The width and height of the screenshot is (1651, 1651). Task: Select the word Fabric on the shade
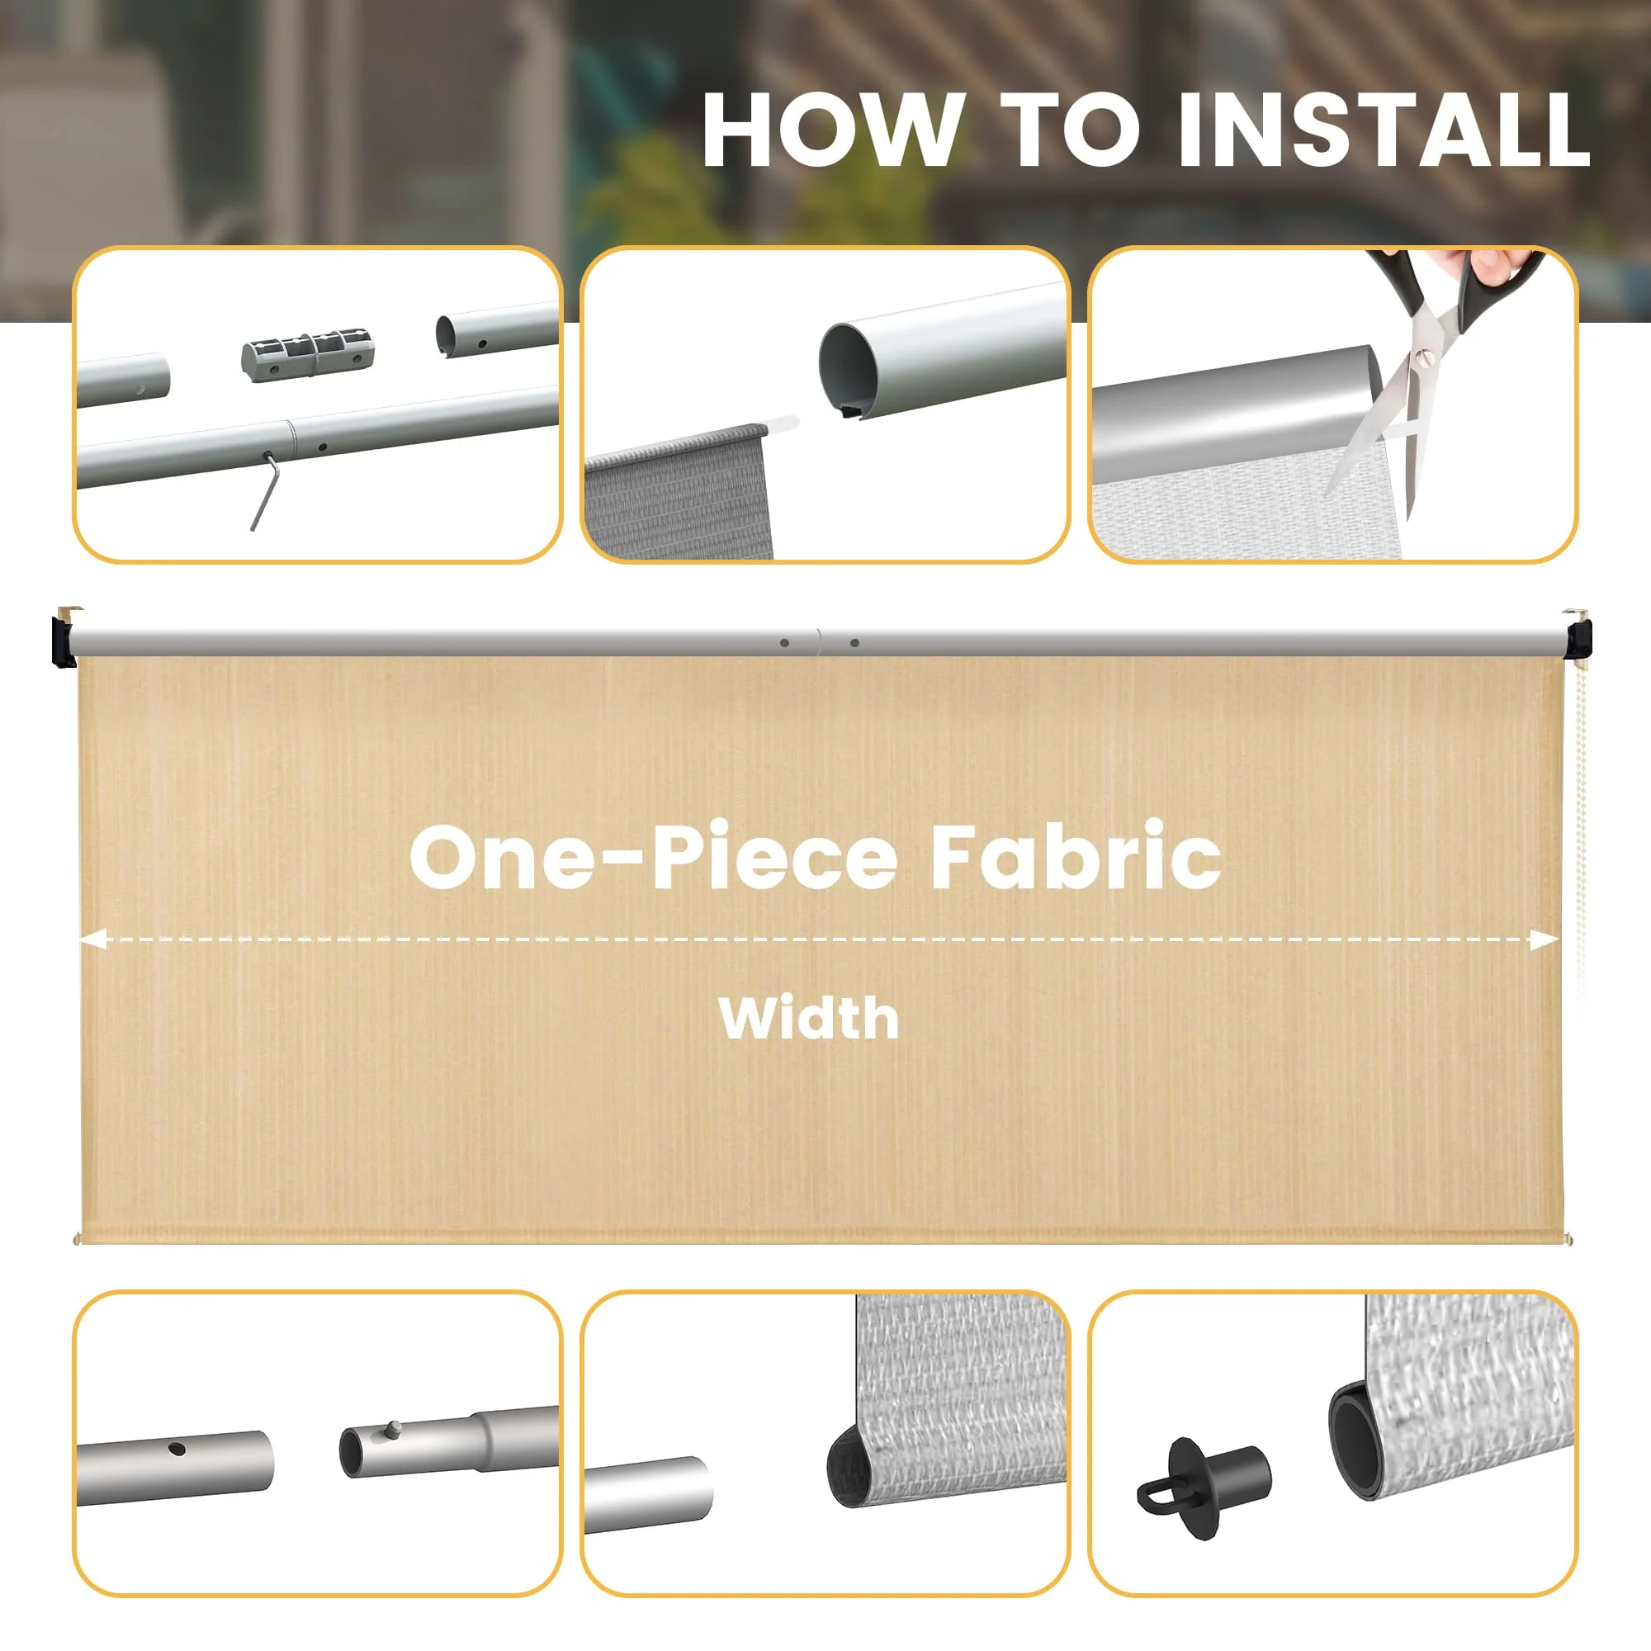[x=1075, y=856]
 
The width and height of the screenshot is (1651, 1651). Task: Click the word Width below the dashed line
[x=808, y=1018]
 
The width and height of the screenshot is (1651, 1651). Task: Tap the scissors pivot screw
[x=1425, y=353]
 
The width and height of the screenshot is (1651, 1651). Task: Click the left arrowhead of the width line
[x=92, y=940]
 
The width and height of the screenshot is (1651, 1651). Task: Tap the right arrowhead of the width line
[x=1545, y=941]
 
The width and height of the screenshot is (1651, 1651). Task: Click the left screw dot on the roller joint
[x=784, y=642]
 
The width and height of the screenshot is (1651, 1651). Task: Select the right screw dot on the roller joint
[x=854, y=642]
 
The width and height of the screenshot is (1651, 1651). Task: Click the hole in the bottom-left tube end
[x=177, y=1450]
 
